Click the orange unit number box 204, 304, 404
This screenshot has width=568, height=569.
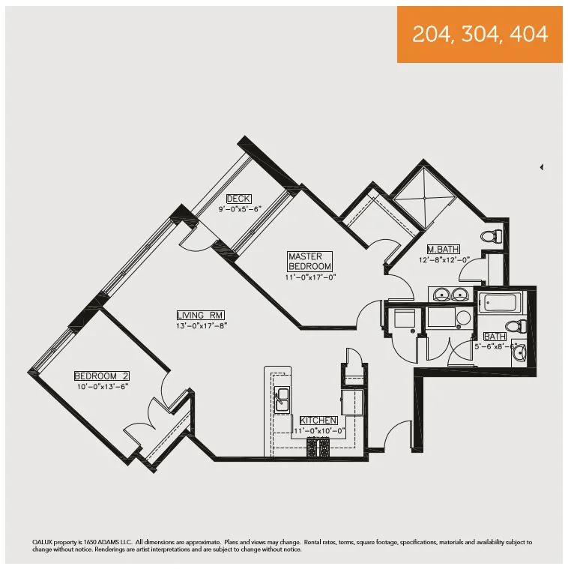pyautogui.click(x=480, y=34)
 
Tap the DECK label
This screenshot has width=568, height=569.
pyautogui.click(x=238, y=199)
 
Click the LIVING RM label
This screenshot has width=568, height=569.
pyautogui.click(x=201, y=316)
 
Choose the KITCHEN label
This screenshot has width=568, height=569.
pyautogui.click(x=318, y=421)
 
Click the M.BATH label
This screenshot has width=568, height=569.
pyautogui.click(x=443, y=250)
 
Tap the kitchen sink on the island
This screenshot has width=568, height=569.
pyautogui.click(x=283, y=400)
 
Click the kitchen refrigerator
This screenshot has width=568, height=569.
pyautogui.click(x=351, y=401)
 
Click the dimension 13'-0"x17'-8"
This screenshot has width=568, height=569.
pyautogui.click(x=201, y=325)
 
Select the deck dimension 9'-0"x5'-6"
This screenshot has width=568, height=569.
pyautogui.click(x=238, y=209)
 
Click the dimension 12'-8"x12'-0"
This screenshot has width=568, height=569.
pyautogui.click(x=444, y=260)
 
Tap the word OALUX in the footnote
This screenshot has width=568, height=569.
pyautogui.click(x=44, y=541)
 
